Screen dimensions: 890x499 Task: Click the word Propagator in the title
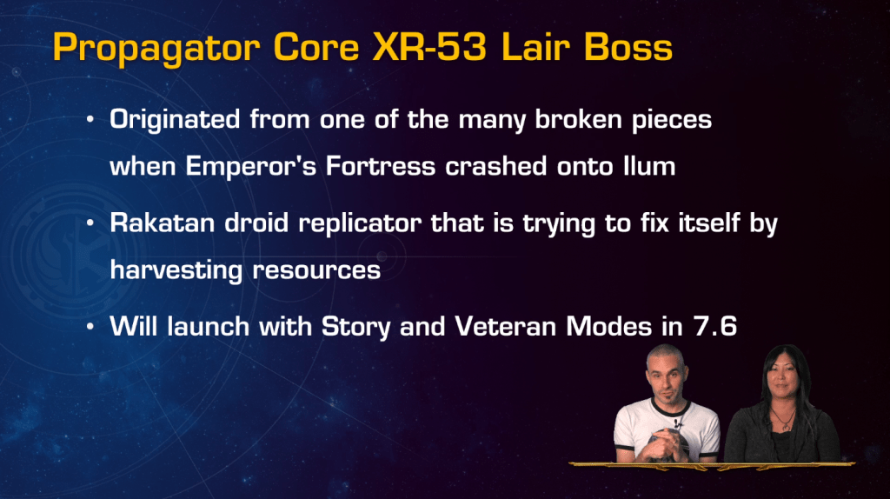[156, 49]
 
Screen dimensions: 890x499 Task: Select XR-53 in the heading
[429, 47]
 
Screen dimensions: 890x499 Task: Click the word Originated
[175, 119]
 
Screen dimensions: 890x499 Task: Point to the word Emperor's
[251, 166]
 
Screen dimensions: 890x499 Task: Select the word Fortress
[381, 166]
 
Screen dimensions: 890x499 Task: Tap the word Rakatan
[163, 223]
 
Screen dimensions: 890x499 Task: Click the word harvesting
[176, 270]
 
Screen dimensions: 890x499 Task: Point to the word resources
[316, 270]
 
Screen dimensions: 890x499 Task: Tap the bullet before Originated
[90, 120]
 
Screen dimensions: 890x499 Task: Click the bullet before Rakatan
[90, 223]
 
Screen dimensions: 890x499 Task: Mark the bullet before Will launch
[90, 327]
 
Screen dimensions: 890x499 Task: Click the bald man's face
[666, 377]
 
